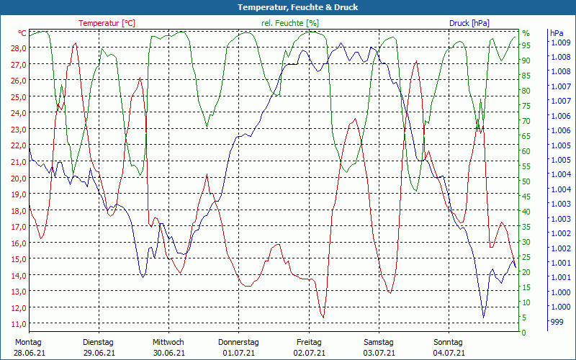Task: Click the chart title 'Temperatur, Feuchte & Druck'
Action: (287, 7)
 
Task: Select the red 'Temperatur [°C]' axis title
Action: (107, 23)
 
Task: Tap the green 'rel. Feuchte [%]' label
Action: (290, 23)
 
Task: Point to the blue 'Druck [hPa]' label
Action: (469, 23)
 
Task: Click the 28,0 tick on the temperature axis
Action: (19, 48)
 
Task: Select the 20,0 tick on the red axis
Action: (19, 178)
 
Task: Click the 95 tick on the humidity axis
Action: (526, 45)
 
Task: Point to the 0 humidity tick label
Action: (524, 333)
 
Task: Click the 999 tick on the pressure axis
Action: (557, 322)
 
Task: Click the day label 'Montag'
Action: (28, 342)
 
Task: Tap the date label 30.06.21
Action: (168, 353)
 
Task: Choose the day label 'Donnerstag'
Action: (238, 342)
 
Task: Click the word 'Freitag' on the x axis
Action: (309, 342)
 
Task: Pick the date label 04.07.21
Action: (449, 353)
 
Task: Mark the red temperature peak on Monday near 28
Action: (76, 43)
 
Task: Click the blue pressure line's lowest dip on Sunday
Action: (483, 317)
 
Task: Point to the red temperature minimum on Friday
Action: (323, 317)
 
